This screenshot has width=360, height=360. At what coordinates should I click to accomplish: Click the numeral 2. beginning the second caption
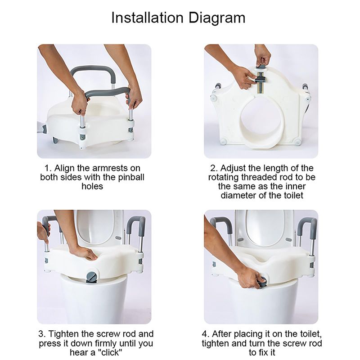point(214,168)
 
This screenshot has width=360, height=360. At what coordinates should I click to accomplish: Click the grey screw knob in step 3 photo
point(92,277)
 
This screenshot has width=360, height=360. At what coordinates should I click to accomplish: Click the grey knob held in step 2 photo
point(262,67)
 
